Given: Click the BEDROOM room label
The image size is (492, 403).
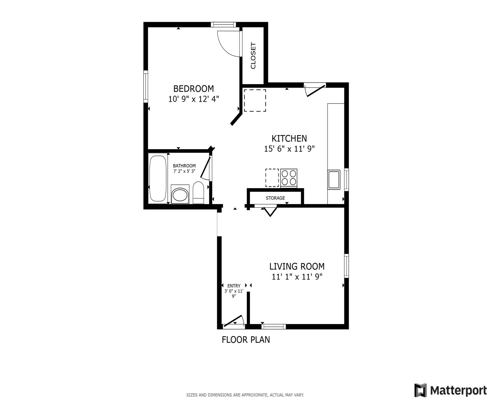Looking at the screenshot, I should point(193,89).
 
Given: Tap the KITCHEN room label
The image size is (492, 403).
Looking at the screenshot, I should point(289,138).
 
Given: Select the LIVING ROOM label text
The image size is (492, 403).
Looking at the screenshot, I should point(297,266).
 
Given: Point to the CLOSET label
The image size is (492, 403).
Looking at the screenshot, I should point(253,56).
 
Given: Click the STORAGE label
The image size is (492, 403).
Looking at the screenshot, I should point(275,198).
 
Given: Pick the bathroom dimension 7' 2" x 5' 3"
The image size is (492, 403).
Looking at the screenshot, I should point(184,171).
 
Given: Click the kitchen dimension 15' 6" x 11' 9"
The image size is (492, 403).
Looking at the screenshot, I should point(289,149).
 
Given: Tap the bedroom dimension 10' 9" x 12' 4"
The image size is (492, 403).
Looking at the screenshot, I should point(193,99).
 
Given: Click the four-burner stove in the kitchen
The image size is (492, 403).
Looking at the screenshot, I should point(289,178).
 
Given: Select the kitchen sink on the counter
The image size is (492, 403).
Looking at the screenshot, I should point(334,180).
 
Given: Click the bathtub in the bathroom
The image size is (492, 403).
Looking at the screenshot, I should point(158,178).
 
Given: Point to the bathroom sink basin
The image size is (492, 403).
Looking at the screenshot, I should point(180,195).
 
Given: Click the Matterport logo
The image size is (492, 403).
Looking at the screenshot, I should point(450,390).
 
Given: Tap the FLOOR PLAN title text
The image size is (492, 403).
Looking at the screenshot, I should point(246,340).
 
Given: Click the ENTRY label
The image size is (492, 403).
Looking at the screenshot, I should point(234,286).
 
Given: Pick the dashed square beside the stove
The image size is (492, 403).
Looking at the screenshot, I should point(272,178).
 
